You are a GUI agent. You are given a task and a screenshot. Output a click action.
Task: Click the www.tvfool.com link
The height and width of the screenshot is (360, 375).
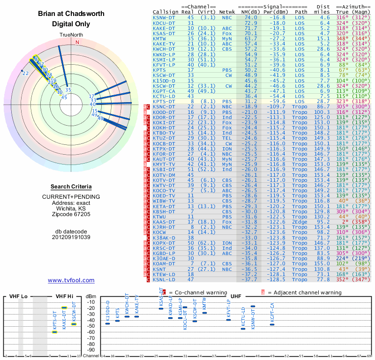point(71,280)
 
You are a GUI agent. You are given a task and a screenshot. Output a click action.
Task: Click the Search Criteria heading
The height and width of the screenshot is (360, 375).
point(71,187)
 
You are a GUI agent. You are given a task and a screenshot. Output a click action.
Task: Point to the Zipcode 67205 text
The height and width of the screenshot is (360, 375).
point(71,214)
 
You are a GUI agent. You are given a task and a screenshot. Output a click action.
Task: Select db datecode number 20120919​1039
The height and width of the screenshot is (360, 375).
point(71,237)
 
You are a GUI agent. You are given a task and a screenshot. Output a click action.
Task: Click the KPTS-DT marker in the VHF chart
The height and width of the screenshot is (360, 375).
point(54,332)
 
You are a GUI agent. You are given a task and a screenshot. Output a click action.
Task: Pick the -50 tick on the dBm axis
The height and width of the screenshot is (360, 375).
point(90,326)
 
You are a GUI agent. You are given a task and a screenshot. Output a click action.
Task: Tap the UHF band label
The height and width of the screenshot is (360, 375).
point(236,296)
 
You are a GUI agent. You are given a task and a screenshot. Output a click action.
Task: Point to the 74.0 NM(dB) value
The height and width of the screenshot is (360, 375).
point(250,17)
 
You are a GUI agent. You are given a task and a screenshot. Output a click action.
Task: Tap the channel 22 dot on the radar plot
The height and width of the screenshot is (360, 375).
point(22,71)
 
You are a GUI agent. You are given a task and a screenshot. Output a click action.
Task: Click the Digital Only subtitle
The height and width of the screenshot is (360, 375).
point(71,23)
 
